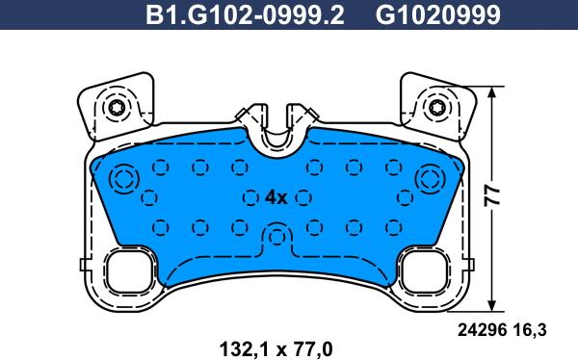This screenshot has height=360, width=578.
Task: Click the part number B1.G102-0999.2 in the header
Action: click(245, 15)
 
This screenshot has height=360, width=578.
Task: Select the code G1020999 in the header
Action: click(438, 15)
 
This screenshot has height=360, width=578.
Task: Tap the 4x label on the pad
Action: click(276, 198)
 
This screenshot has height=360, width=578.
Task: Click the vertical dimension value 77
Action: click(492, 195)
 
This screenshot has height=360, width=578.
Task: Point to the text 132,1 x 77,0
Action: click(276, 348)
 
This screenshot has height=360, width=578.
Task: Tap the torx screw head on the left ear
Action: click(117, 108)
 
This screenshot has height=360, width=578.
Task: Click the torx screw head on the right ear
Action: click(437, 108)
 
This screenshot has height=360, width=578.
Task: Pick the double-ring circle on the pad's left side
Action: click(123, 180)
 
